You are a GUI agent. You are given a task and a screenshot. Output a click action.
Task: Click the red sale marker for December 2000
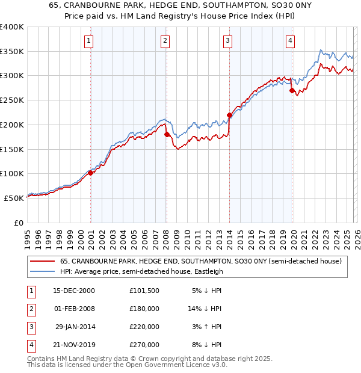coord(91,173)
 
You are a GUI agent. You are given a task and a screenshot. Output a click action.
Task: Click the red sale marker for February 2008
coord(167,135)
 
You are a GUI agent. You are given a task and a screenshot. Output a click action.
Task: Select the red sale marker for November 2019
coord(292,91)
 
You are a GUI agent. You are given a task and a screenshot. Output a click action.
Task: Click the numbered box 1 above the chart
coord(88,41)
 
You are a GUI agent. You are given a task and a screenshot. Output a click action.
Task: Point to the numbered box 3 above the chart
coord(228,41)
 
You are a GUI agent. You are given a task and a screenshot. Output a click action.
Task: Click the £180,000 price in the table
coord(144,308)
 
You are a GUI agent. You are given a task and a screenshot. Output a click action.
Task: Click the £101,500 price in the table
coord(144,290)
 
